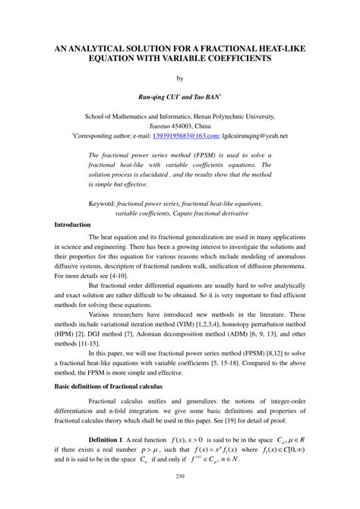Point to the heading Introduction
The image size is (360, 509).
tap(73, 225)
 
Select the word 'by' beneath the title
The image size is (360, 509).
tap(180, 77)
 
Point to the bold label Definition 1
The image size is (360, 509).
tap(112, 438)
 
